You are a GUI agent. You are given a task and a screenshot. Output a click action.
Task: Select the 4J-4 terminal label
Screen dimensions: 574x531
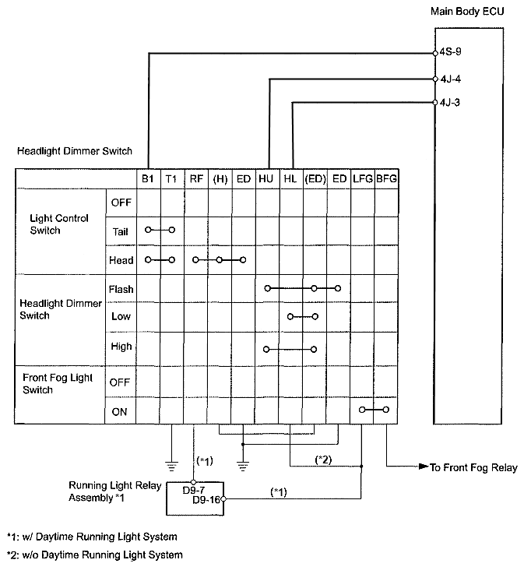[x=449, y=79]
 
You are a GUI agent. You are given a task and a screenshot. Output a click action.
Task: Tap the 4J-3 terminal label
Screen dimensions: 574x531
[x=449, y=102]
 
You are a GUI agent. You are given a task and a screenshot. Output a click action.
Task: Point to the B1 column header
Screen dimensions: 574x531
[x=148, y=179]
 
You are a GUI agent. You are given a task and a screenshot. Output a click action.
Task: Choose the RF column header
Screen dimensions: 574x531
[x=195, y=179]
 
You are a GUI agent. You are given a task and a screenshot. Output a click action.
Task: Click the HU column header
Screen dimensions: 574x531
[x=266, y=179]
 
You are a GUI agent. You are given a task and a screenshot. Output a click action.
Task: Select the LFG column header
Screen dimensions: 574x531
[x=362, y=179]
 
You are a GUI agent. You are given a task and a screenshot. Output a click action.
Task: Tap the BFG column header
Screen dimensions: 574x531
[x=386, y=179]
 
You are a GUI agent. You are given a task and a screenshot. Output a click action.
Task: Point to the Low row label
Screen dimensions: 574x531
[x=121, y=317]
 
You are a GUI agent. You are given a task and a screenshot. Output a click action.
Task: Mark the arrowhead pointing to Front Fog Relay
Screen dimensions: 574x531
[x=423, y=467]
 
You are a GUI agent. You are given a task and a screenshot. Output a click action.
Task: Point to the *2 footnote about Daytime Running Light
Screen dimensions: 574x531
[x=94, y=555]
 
